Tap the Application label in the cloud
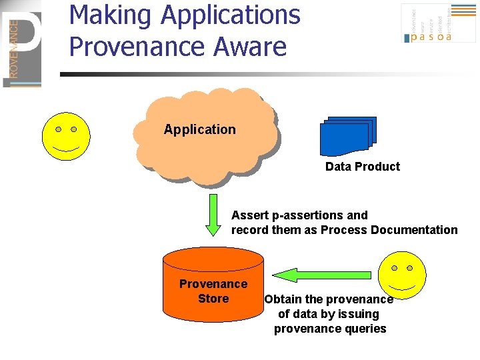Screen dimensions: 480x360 click(x=200, y=129)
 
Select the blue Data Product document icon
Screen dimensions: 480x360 click(x=348, y=136)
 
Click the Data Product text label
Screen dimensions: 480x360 click(x=363, y=167)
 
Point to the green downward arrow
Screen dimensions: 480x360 click(x=213, y=215)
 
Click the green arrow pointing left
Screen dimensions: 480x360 click(x=323, y=274)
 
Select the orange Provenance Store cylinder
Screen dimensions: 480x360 click(x=213, y=285)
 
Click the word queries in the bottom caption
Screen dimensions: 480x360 click(x=363, y=329)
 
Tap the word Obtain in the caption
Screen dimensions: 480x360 click(x=283, y=299)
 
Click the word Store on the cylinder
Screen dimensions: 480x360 click(x=213, y=299)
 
